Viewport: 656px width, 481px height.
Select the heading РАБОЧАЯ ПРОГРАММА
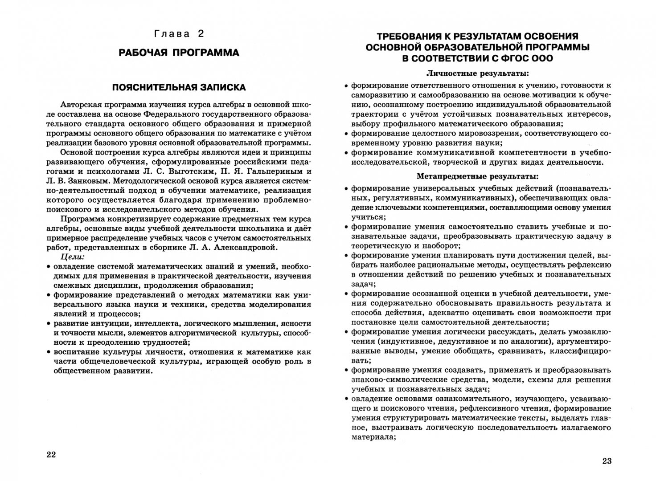(179, 53)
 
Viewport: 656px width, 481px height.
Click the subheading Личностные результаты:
(478, 73)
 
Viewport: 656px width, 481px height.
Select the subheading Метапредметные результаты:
(478, 176)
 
